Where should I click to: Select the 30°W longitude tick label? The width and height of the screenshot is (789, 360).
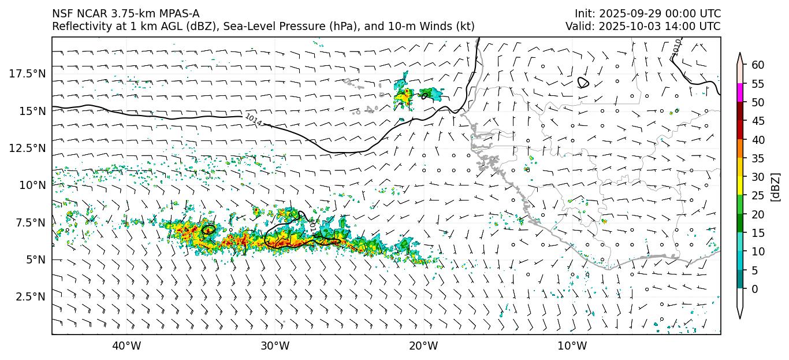274,346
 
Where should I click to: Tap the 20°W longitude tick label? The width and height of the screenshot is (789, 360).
423,346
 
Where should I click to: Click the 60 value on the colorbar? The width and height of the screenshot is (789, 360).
758,65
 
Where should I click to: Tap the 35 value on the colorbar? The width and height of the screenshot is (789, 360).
758,158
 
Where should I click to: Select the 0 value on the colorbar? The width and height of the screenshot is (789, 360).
755,289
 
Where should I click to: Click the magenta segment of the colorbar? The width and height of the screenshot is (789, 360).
740,93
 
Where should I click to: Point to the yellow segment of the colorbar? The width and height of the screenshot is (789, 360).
740,186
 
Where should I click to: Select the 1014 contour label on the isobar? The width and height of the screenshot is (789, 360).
253,120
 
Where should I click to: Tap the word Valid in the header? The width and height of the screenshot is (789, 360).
578,26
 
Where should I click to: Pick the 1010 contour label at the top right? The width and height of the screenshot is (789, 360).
677,46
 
